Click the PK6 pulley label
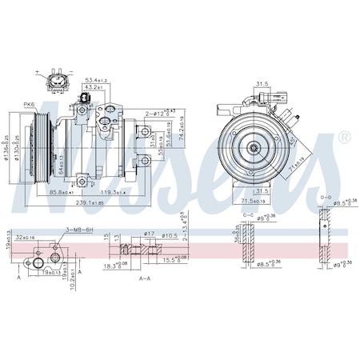[x=29, y=104]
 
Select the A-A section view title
[x=145, y=279]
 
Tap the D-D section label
[x=325, y=196]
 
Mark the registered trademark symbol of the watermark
[x=344, y=138]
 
